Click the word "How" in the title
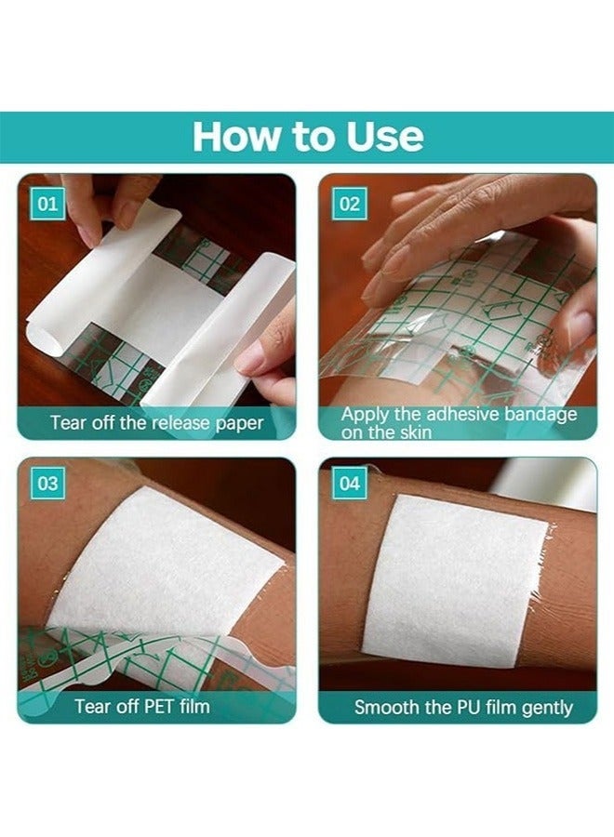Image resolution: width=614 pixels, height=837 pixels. [234, 137]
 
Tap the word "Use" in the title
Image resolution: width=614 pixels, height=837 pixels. [381, 137]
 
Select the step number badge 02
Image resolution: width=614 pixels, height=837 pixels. [349, 203]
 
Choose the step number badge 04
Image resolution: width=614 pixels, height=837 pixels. [349, 484]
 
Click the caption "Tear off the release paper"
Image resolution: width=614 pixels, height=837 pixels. [156, 423]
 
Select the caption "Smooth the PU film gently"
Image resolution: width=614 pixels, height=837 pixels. [462, 707]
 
